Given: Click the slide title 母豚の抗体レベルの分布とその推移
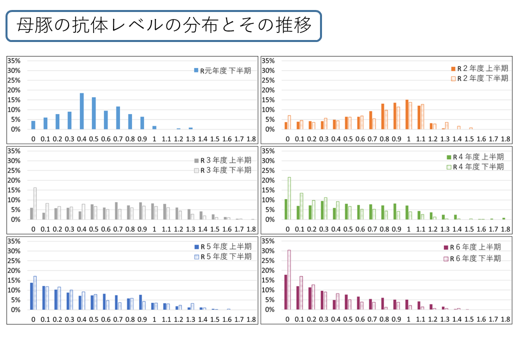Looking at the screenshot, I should click(x=163, y=25).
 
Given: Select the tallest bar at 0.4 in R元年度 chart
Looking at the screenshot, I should click(x=81, y=111).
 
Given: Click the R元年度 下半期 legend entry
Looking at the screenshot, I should click(x=222, y=70).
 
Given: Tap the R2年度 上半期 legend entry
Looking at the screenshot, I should click(x=479, y=68).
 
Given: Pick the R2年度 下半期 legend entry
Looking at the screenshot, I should click(x=479, y=78).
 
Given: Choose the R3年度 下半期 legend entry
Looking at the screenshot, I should click(x=222, y=170).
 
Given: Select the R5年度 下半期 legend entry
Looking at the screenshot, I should click(x=222, y=256).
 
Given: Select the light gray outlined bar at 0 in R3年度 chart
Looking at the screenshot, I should click(x=35, y=203).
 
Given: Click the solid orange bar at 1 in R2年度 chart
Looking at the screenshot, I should click(x=407, y=114).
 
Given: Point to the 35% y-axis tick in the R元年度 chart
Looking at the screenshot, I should click(x=14, y=60).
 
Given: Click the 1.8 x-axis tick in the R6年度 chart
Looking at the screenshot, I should click(x=505, y=319).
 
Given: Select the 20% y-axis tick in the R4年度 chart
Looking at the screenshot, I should click(x=268, y=180).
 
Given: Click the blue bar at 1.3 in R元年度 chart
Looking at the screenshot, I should click(x=190, y=128).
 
